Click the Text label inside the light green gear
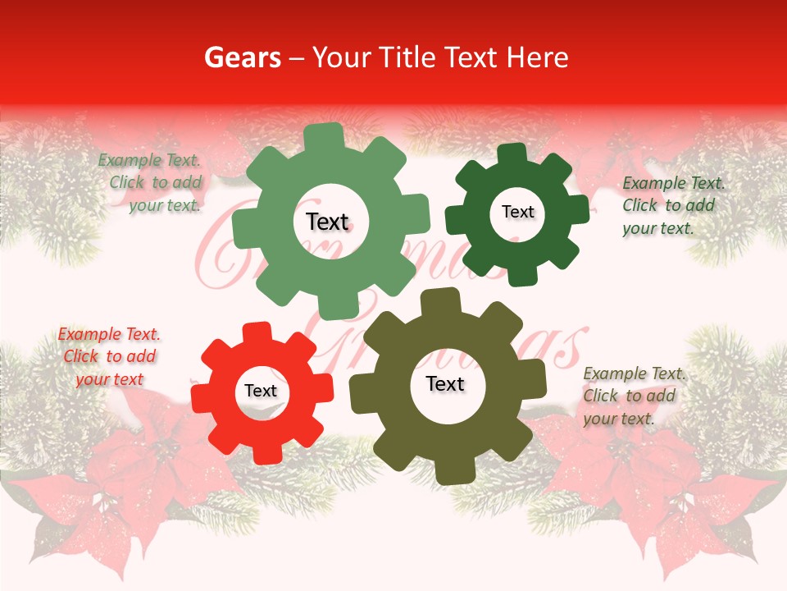(327, 222)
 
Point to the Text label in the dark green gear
(517, 212)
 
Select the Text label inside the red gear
(261, 392)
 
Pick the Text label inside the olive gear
(445, 384)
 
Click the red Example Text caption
(108, 356)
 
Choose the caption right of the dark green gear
(670, 205)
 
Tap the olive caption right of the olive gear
(630, 396)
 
